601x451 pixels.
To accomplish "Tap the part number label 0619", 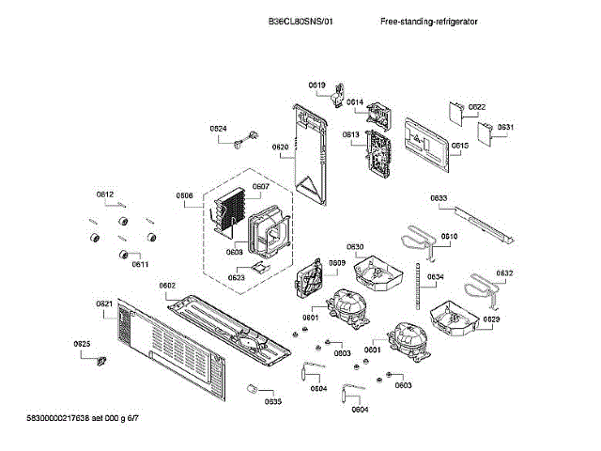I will coord(317,86).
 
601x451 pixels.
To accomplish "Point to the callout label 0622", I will coord(477,107).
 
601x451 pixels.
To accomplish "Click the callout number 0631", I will coord(505,127).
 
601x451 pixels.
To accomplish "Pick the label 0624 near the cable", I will coord(218,128).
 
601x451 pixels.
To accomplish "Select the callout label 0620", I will coord(280,147).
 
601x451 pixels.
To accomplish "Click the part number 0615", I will coord(459,146).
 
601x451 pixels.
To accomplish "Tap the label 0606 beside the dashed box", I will coord(184,195).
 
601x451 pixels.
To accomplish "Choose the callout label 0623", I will coord(237,277).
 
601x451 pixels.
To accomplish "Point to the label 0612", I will coord(105,194).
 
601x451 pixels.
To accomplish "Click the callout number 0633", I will coord(439,197).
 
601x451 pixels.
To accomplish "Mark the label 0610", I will coord(449,236).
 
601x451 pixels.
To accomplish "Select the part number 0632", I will coord(504,273).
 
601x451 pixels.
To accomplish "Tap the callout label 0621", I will coord(104,303).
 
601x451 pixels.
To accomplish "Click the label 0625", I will coord(83,345).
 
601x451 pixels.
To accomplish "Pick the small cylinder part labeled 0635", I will coord(251,388).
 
